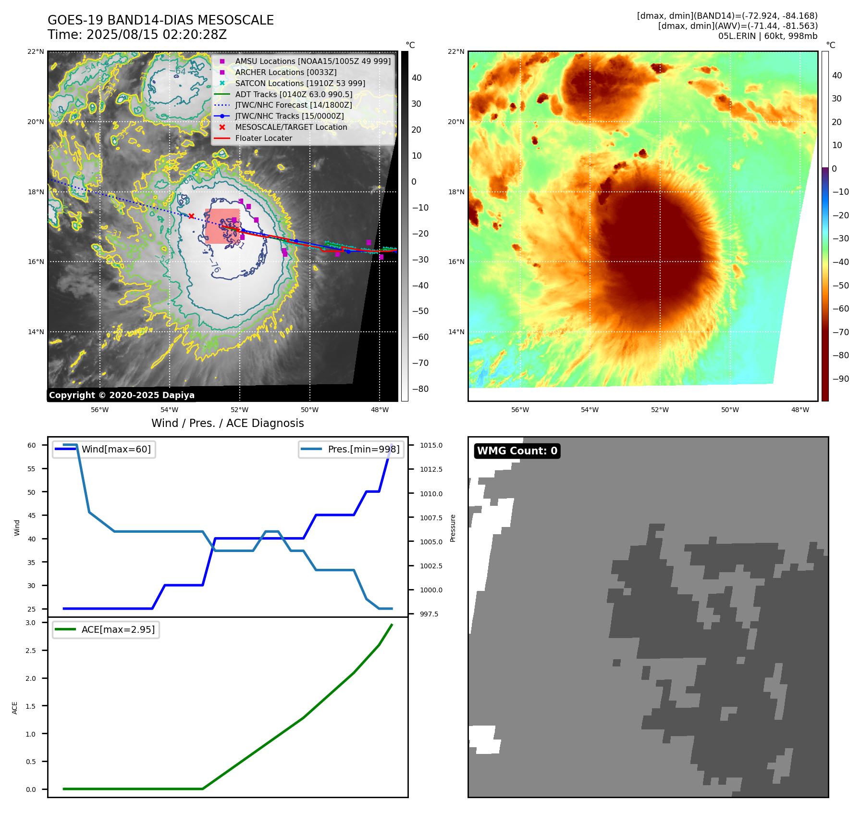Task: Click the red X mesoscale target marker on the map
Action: (191, 216)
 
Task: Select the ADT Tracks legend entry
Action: (294, 94)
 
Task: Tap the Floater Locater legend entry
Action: (263, 138)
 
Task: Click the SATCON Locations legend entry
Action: (300, 83)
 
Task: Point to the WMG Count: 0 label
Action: (517, 451)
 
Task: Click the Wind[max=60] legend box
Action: (104, 449)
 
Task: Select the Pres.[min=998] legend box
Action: (351, 449)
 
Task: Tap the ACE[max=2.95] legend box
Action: (106, 629)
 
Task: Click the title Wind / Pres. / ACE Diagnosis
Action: (228, 423)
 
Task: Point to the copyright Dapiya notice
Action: (122, 395)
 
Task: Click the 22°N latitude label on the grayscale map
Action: (36, 52)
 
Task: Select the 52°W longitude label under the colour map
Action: (660, 410)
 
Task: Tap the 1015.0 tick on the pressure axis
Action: (431, 445)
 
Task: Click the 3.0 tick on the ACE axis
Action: (31, 623)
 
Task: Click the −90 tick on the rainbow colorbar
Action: (841, 379)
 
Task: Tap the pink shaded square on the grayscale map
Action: (222, 226)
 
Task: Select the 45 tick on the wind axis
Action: (31, 515)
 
